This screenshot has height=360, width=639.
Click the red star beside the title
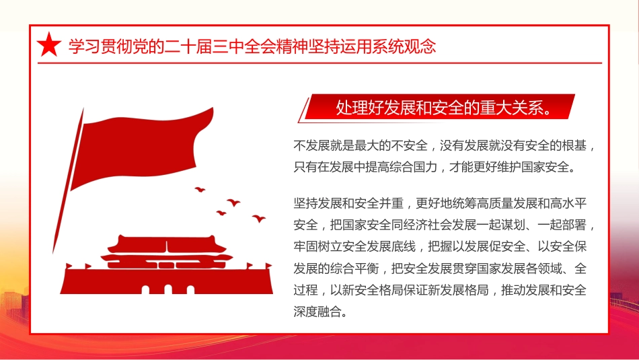48,46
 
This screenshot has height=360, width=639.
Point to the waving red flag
141,145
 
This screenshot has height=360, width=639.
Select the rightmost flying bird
258,218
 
